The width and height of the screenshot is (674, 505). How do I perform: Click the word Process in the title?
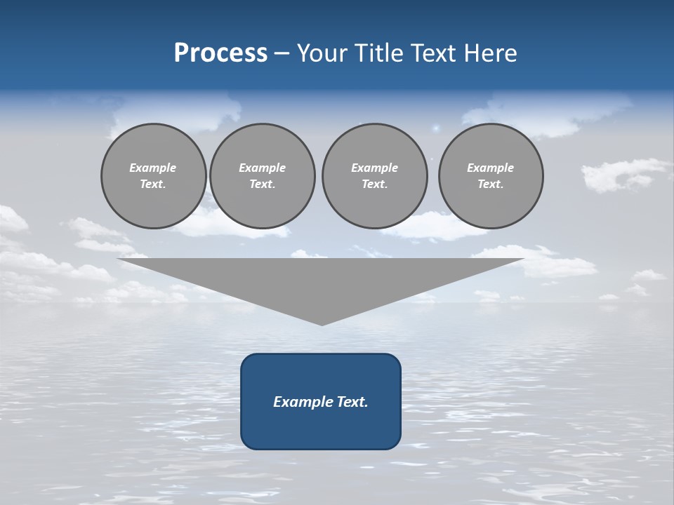pyautogui.click(x=220, y=53)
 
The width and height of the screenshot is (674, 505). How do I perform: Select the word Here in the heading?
pyautogui.click(x=490, y=53)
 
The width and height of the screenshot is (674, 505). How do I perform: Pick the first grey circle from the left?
pyautogui.click(x=153, y=176)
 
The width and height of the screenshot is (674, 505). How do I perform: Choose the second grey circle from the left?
pyautogui.click(x=263, y=176)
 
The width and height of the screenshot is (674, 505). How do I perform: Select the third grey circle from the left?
pyautogui.click(x=374, y=176)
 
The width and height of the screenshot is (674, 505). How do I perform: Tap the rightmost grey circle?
pyautogui.click(x=491, y=176)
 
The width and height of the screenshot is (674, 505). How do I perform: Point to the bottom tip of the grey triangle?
pyautogui.click(x=322, y=324)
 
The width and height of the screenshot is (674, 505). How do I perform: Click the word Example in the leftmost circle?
pyautogui.click(x=153, y=168)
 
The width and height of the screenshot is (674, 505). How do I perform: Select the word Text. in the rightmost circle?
pyautogui.click(x=491, y=184)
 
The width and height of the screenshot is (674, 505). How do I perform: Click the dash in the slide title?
pyautogui.click(x=282, y=53)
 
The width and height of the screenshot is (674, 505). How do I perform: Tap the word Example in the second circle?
pyautogui.click(x=263, y=168)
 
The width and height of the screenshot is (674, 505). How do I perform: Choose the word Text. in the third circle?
pyautogui.click(x=374, y=184)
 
